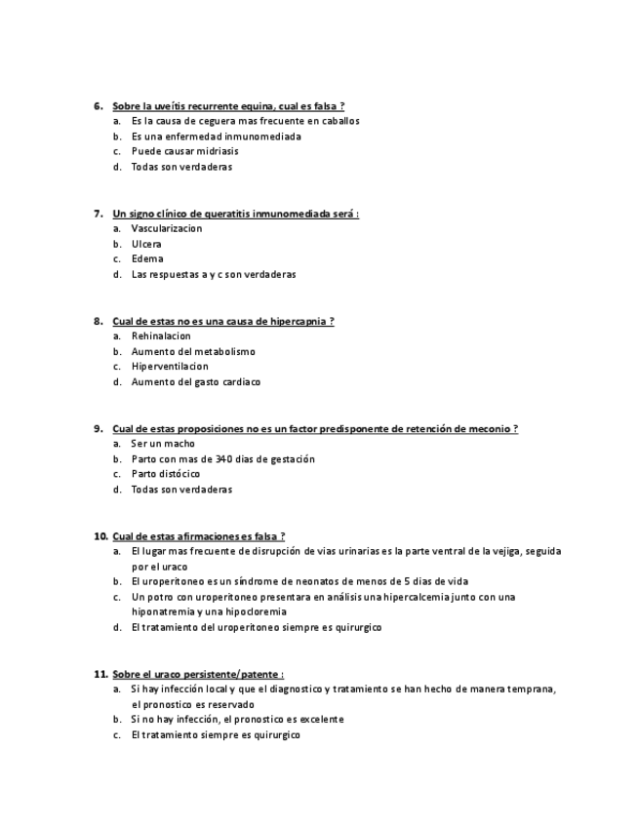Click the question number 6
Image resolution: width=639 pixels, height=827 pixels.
[x=98, y=105]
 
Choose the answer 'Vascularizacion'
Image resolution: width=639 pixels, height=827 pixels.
[x=167, y=228]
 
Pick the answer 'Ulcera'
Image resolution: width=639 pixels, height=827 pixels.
[x=146, y=244]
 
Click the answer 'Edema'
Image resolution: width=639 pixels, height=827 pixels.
[x=147, y=258]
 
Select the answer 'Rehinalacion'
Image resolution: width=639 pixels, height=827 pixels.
[x=161, y=335]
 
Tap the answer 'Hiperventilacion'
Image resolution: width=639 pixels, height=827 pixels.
[x=170, y=367]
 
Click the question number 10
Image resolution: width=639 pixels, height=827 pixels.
[x=100, y=535]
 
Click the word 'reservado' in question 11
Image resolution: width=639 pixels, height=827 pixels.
[x=230, y=704]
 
